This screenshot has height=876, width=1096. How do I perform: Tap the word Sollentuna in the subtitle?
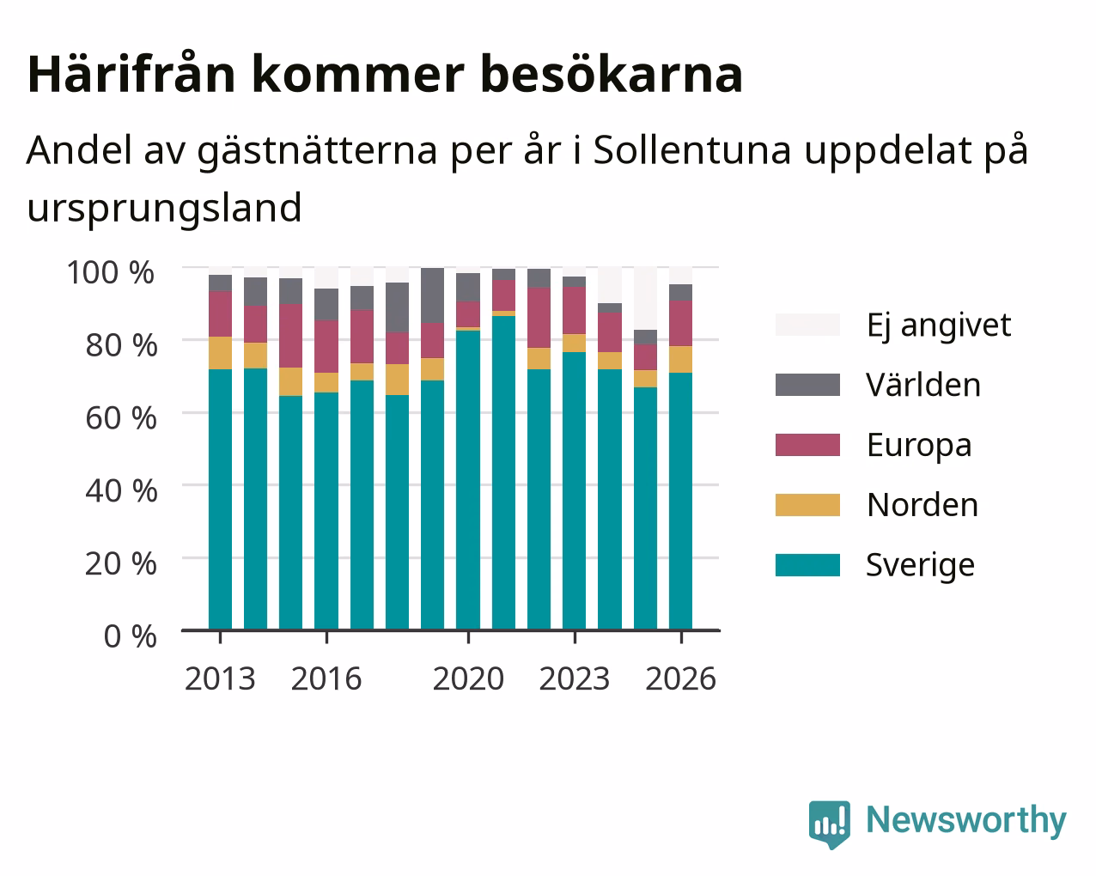(x=692, y=150)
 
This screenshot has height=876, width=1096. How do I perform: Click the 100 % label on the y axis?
(x=111, y=272)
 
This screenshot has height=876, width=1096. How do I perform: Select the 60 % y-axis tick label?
(x=121, y=418)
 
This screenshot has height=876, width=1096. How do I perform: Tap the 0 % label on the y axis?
(x=130, y=636)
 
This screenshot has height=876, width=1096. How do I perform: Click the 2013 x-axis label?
(x=220, y=678)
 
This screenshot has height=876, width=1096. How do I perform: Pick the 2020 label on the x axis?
(x=468, y=678)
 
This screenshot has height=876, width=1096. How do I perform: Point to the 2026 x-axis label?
(x=681, y=678)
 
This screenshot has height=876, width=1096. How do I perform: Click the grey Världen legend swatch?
(x=807, y=385)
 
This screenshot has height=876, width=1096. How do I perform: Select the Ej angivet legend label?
(x=939, y=326)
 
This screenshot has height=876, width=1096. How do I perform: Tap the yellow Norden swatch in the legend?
(x=807, y=505)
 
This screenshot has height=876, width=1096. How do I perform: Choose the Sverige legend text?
(x=920, y=566)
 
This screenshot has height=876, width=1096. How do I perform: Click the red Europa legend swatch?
(x=807, y=445)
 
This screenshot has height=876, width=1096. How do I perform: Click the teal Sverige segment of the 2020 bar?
(x=468, y=480)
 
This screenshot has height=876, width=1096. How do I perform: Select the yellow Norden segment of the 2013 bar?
(x=220, y=353)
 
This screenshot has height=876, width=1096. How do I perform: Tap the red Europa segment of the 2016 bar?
(x=326, y=346)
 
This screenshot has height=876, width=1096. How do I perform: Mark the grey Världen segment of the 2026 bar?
(x=680, y=293)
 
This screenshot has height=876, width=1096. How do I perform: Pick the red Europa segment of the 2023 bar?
(x=574, y=311)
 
